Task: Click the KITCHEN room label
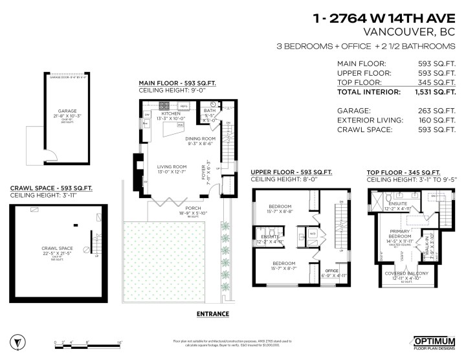pos(171,113)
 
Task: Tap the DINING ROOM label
pos(200,139)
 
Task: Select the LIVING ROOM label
pos(172,167)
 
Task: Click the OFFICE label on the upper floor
pos(331,271)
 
